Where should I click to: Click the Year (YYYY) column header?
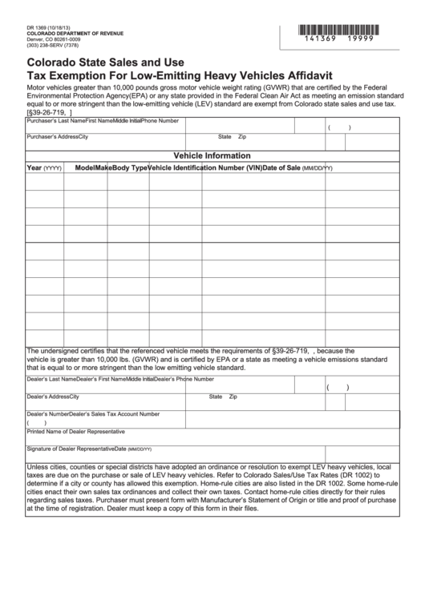(x=44, y=168)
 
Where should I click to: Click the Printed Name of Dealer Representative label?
(x=75, y=431)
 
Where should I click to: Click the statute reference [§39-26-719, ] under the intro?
(x=55, y=112)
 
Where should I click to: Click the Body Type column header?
(x=128, y=168)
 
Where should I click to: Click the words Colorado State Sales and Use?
(x=106, y=62)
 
